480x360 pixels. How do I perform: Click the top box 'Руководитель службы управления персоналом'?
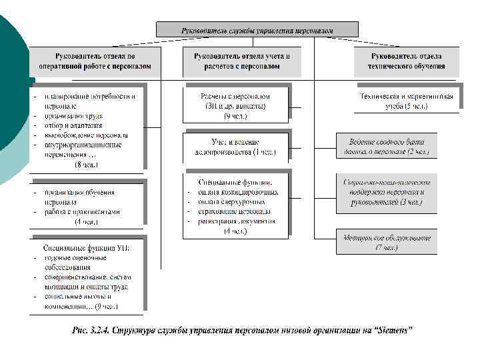point(257,30)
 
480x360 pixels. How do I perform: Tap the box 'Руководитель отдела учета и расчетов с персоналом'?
point(242,61)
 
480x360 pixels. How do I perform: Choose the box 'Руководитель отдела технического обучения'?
point(406,61)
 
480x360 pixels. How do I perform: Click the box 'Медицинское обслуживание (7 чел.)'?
point(387,242)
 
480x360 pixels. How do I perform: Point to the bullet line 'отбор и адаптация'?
point(73,125)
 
